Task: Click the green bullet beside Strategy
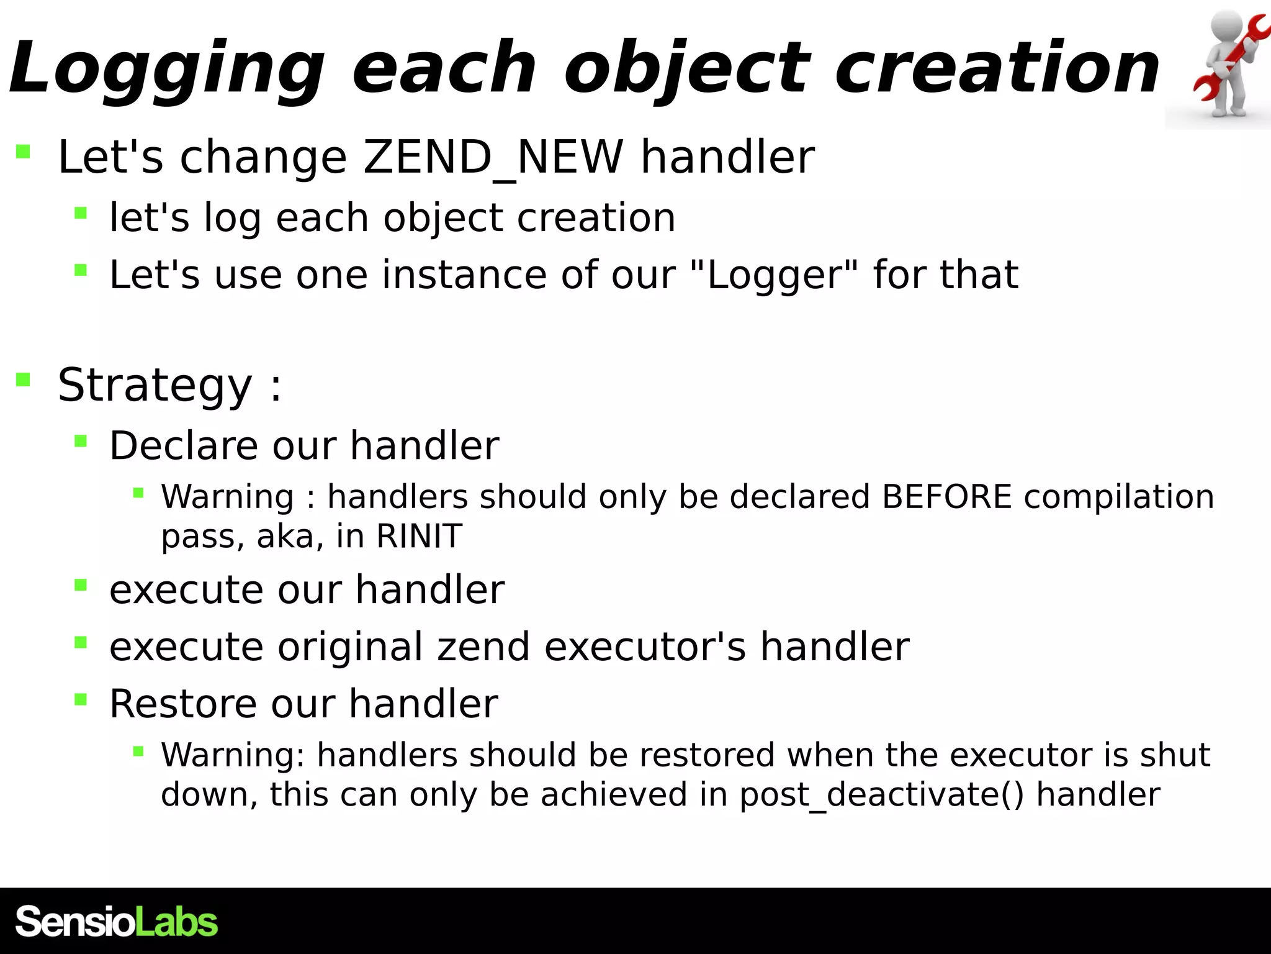(x=24, y=379)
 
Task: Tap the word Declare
(x=184, y=446)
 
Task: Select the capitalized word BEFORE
(x=946, y=497)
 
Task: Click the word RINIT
(x=419, y=536)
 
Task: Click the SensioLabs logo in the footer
(x=117, y=922)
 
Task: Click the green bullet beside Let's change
(x=24, y=152)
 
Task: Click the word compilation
(x=1118, y=497)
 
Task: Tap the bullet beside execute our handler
(x=81, y=585)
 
